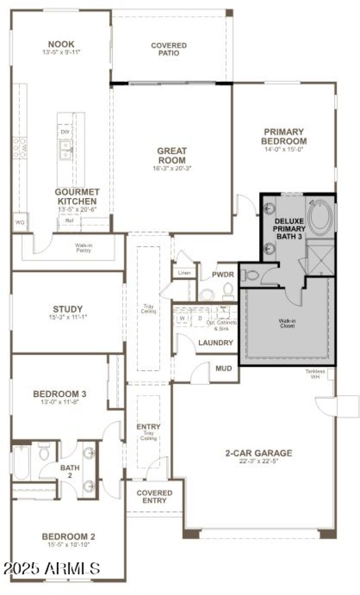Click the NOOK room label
(61, 44)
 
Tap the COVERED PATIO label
(169, 50)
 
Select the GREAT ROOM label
(171, 156)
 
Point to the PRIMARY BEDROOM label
(284, 136)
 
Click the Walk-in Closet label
(287, 324)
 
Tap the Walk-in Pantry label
(83, 248)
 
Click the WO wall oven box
(20, 222)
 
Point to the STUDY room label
(68, 309)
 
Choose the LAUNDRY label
(216, 343)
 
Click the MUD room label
(224, 369)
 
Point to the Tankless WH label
(315, 374)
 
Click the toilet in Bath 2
(44, 452)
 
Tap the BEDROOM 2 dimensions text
(68, 545)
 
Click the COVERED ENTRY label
(154, 497)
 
